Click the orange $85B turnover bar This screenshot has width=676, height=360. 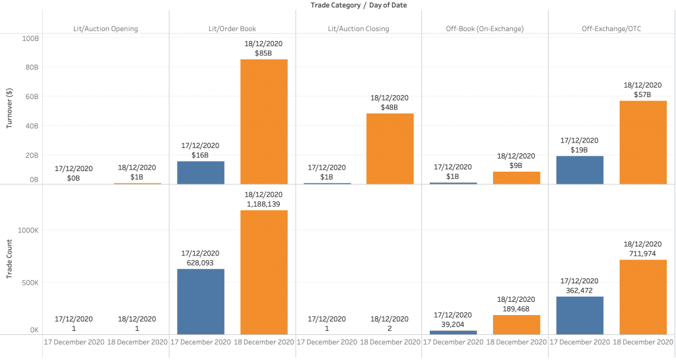coord(263,122)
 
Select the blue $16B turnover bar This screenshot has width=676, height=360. coord(200,172)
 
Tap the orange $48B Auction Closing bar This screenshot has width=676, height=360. coord(390,149)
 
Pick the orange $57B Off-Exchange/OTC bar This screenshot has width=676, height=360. coord(643,142)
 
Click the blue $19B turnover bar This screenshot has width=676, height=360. coord(580,170)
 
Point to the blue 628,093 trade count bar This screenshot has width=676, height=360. coord(200,301)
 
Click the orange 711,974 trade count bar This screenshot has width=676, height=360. coord(643,297)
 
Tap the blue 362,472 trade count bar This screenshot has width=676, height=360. coord(580,316)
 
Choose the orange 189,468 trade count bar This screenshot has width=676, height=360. coord(516,324)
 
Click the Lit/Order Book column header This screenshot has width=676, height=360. coord(232,28)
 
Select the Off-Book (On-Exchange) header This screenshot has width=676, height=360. coord(485,28)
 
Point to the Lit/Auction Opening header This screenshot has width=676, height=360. coord(106,28)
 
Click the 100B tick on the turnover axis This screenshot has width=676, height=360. coord(30,38)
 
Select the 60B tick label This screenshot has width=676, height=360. coord(32,96)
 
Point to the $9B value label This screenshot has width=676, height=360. coord(516,165)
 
